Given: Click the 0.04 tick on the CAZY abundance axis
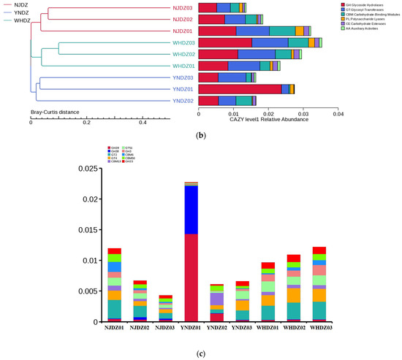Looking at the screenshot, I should click(x=338, y=115).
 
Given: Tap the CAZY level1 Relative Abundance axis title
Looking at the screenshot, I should click(x=268, y=120).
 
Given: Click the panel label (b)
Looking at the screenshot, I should click(x=202, y=136).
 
